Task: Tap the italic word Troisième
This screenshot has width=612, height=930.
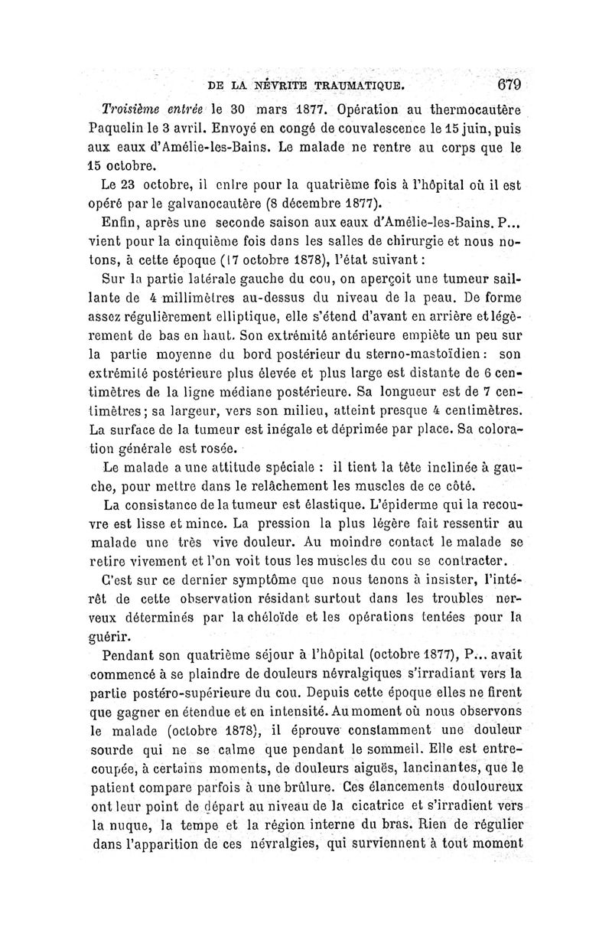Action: click(133, 108)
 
